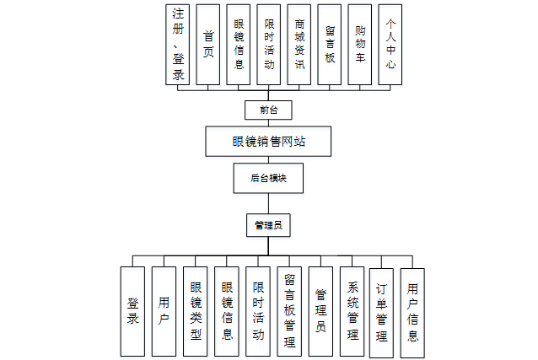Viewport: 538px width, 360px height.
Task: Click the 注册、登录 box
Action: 179,44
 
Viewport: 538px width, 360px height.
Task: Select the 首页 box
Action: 209,44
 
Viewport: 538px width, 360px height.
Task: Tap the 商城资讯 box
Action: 299,44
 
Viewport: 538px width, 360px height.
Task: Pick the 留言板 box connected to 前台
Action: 330,44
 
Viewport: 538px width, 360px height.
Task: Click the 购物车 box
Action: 360,44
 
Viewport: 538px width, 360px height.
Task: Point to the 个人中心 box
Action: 390,44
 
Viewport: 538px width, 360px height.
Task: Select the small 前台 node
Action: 269,110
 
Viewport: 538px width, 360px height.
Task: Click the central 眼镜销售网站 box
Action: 269,142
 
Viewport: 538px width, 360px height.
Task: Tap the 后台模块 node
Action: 269,179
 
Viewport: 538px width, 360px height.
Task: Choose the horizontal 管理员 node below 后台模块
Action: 268,225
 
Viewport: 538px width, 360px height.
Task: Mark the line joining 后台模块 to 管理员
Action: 268,203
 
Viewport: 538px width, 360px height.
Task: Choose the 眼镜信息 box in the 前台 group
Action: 239,44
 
